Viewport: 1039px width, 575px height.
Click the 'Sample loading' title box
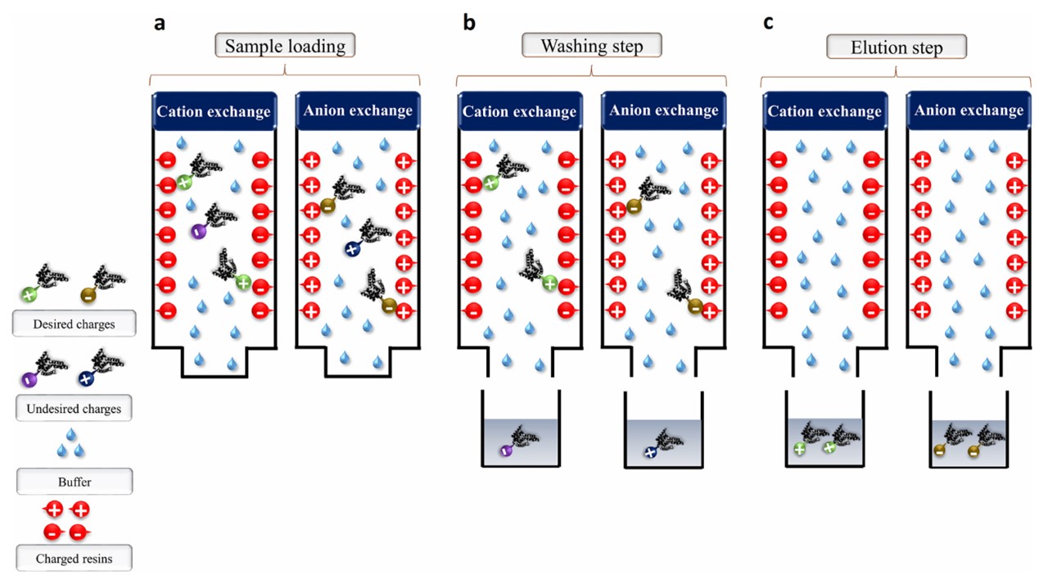[x=285, y=46]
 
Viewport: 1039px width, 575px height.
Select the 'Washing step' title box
[x=591, y=46]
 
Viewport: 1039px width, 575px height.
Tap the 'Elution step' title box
[x=897, y=47]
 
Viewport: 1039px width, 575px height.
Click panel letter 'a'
[x=160, y=23]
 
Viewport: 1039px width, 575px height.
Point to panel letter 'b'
[x=469, y=23]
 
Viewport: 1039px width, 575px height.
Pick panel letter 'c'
[x=768, y=23]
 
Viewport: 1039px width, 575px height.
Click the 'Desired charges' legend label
[x=75, y=324]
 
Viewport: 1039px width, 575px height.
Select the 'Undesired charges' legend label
[x=75, y=408]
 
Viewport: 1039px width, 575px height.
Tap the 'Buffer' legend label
[x=75, y=482]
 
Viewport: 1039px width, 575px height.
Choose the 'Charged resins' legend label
[x=75, y=559]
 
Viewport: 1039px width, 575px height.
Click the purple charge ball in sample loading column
[x=197, y=232]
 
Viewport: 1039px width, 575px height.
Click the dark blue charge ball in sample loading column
[x=352, y=248]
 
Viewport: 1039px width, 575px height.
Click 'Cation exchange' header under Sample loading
[x=213, y=111]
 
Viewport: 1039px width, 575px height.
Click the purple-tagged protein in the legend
[x=41, y=368]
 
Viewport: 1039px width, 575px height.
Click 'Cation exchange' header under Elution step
[x=824, y=111]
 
